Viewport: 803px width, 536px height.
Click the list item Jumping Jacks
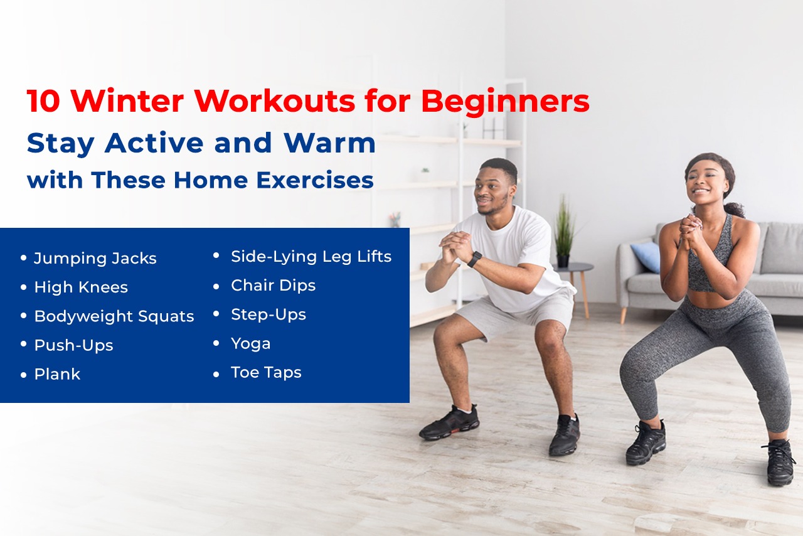95,258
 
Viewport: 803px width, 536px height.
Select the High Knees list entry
81,287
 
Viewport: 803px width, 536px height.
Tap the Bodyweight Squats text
114,316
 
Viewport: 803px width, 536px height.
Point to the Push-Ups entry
73,345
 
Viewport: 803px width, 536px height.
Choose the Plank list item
57,374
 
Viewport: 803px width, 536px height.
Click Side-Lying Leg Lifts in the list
311,256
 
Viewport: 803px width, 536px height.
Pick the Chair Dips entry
273,285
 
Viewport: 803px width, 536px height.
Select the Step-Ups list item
269,314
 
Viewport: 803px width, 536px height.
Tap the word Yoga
251,343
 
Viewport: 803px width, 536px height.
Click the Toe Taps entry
266,372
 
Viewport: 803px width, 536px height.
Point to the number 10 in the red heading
43,102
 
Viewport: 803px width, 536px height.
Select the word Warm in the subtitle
329,143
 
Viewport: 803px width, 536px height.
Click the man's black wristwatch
475,259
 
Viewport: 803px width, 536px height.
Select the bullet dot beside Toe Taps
216,373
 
